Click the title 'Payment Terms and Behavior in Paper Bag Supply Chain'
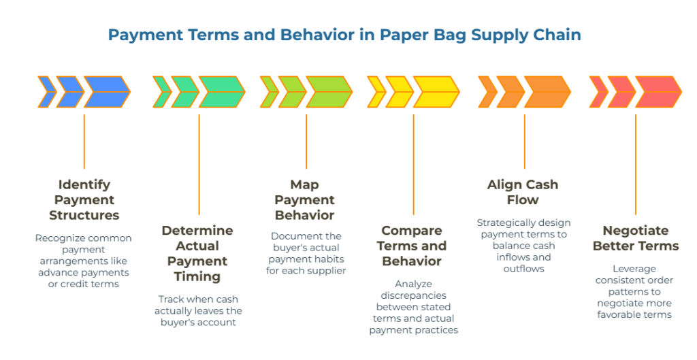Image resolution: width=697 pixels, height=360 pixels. point(344,35)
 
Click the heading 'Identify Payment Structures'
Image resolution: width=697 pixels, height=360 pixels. point(84,200)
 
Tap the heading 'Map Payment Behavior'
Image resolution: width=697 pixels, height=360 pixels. point(304,200)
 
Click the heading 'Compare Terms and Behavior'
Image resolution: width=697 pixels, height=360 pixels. point(412,246)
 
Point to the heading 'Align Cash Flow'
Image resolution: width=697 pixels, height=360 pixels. point(523,193)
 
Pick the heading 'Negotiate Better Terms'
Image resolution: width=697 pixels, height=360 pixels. point(635,238)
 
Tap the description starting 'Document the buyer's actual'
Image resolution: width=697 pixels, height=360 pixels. point(306,253)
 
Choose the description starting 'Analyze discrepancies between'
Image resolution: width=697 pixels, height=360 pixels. point(412,306)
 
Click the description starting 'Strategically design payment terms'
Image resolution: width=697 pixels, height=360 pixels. point(523,246)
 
